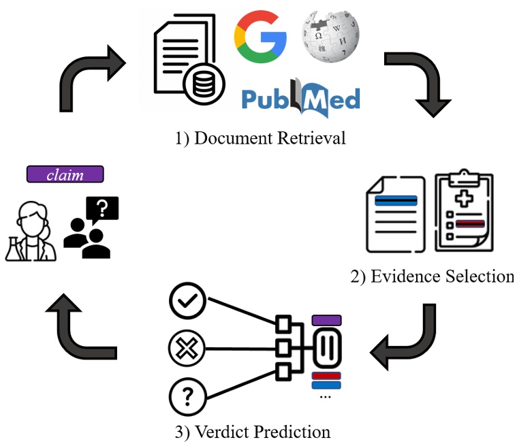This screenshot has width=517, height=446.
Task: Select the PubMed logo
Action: pyautogui.click(x=300, y=100)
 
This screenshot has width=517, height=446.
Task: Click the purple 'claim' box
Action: pyautogui.click(x=65, y=174)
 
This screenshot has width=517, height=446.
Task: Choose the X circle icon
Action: pyautogui.click(x=187, y=349)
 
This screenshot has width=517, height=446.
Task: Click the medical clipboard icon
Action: pyautogui.click(x=465, y=212)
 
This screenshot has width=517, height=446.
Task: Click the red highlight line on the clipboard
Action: pyautogui.click(x=470, y=223)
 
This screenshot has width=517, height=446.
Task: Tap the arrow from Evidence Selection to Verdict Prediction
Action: pyautogui.click(x=409, y=340)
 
